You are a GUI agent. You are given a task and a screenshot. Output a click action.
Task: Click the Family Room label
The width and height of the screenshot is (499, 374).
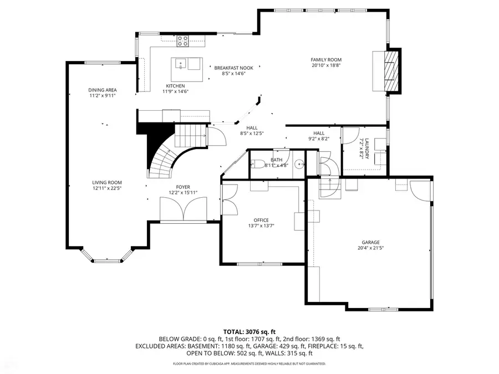(x=326, y=60)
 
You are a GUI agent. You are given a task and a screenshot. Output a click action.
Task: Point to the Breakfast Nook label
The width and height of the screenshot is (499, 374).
(x=233, y=68)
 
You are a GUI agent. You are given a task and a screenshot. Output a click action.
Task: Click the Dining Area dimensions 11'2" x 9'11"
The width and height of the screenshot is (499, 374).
(x=103, y=96)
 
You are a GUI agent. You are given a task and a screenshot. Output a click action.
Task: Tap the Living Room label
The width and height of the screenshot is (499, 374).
(x=107, y=183)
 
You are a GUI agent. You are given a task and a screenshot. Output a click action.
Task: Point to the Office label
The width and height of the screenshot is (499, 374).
(x=261, y=220)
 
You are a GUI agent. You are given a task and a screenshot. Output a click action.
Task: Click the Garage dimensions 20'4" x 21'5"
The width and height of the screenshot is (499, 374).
(x=371, y=248)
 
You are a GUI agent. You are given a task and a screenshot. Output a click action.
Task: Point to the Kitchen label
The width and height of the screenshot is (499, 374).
(x=175, y=86)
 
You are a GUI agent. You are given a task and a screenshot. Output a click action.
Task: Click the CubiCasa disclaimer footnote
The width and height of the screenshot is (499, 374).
(x=249, y=364)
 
